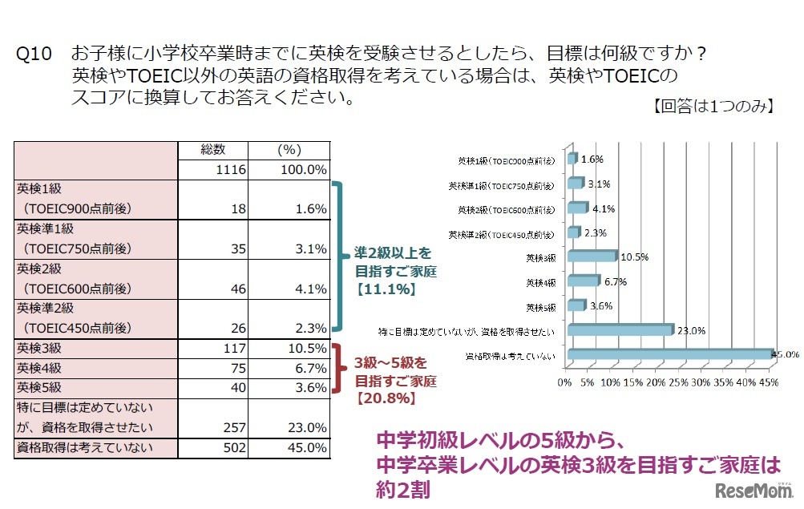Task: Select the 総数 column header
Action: tap(213, 150)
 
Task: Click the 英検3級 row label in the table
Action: tap(39, 348)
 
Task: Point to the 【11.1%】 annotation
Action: tap(385, 290)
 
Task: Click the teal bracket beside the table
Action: tap(340, 257)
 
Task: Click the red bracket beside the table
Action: tap(340, 368)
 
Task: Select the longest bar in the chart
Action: tap(669, 354)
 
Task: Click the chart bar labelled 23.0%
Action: tap(619, 329)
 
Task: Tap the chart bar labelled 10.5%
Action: tap(592, 256)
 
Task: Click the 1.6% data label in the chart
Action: tap(592, 159)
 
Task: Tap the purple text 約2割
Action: tap(405, 488)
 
